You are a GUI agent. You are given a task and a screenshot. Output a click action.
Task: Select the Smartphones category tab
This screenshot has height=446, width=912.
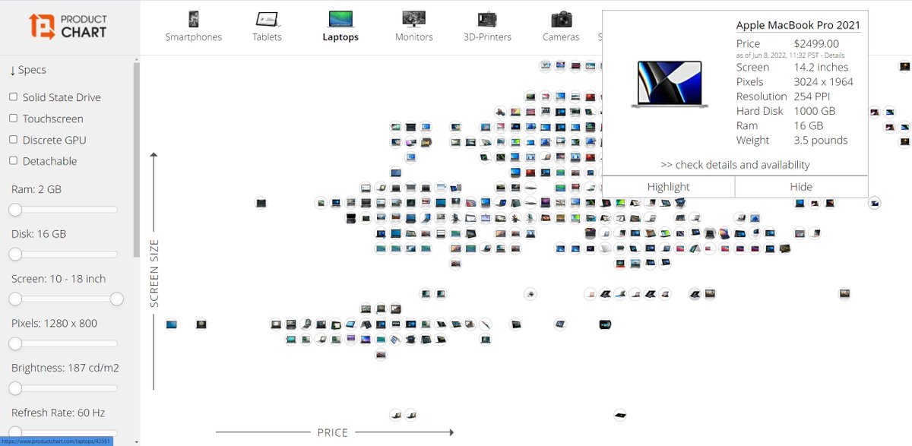pos(194,27)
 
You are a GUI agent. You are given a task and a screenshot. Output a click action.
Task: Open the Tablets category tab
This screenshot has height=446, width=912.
pos(267,27)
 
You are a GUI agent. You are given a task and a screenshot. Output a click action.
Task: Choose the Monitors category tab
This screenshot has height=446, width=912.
pos(414,27)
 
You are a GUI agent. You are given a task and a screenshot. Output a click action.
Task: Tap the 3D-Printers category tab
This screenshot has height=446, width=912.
pos(487,27)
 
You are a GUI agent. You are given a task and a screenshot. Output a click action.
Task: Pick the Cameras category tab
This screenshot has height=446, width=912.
pos(561,27)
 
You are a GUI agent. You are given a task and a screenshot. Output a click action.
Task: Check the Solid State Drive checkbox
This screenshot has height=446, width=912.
pos(14,97)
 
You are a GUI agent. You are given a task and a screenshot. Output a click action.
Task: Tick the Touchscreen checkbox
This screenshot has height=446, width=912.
pos(14,119)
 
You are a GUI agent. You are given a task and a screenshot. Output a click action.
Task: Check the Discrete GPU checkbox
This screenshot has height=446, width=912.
pos(14,140)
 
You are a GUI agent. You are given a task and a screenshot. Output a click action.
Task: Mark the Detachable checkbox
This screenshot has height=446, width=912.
pos(14,161)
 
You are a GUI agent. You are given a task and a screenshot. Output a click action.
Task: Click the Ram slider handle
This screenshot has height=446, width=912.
pos(15,210)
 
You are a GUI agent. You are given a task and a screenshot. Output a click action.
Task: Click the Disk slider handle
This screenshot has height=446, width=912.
pos(15,255)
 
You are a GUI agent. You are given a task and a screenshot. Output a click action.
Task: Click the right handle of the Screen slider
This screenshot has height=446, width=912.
pos(117,299)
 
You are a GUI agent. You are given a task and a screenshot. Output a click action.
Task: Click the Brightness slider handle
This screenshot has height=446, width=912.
pos(15,388)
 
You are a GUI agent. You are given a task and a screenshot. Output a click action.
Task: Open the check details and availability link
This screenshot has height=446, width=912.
pos(735,165)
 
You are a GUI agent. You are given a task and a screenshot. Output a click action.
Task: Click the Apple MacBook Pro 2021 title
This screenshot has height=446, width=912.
pos(798,26)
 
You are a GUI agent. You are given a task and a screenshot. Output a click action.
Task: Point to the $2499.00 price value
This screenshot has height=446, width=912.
pos(816,44)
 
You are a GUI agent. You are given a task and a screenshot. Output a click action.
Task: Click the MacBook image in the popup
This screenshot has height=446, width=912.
pos(670,84)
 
